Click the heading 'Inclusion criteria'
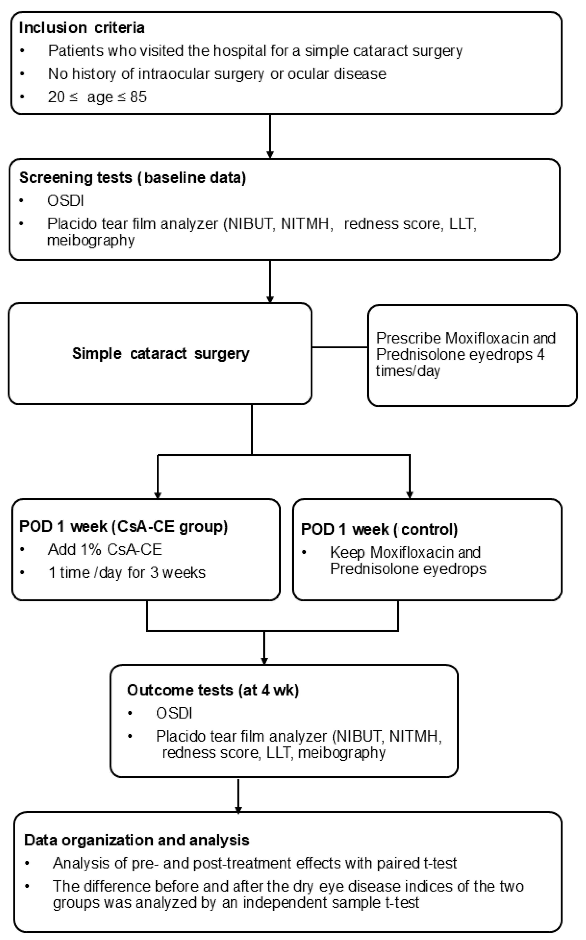(x=82, y=28)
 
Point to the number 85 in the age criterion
(x=138, y=97)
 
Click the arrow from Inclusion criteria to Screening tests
(x=270, y=136)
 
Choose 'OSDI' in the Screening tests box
(x=66, y=201)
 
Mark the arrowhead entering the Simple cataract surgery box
(x=270, y=299)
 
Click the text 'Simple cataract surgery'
(x=161, y=353)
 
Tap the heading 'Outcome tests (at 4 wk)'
(x=213, y=690)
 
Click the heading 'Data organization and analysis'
(x=137, y=840)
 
